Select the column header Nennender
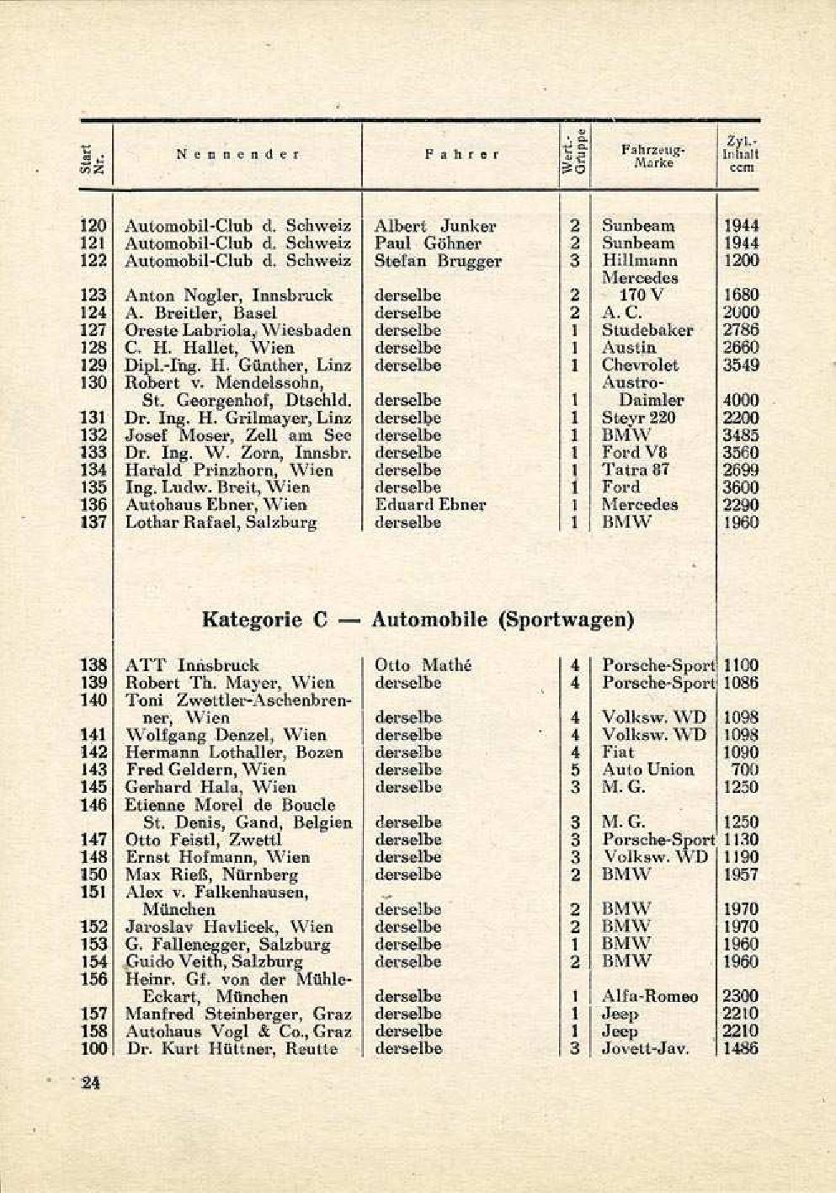pos(238,155)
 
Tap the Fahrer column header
pos(461,155)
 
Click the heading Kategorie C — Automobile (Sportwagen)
pos(418,620)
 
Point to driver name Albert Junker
pos(434,226)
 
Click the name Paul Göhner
pos(428,243)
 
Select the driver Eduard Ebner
pos(429,504)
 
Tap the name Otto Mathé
pos(423,665)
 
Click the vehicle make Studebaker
pos(647,330)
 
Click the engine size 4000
pos(741,400)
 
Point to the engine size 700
pos(744,770)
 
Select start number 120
pos(93,226)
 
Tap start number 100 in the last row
pos(93,1048)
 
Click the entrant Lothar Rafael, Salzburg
pos(221,522)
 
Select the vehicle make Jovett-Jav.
pos(646,1048)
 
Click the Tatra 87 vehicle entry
pos(636,470)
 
